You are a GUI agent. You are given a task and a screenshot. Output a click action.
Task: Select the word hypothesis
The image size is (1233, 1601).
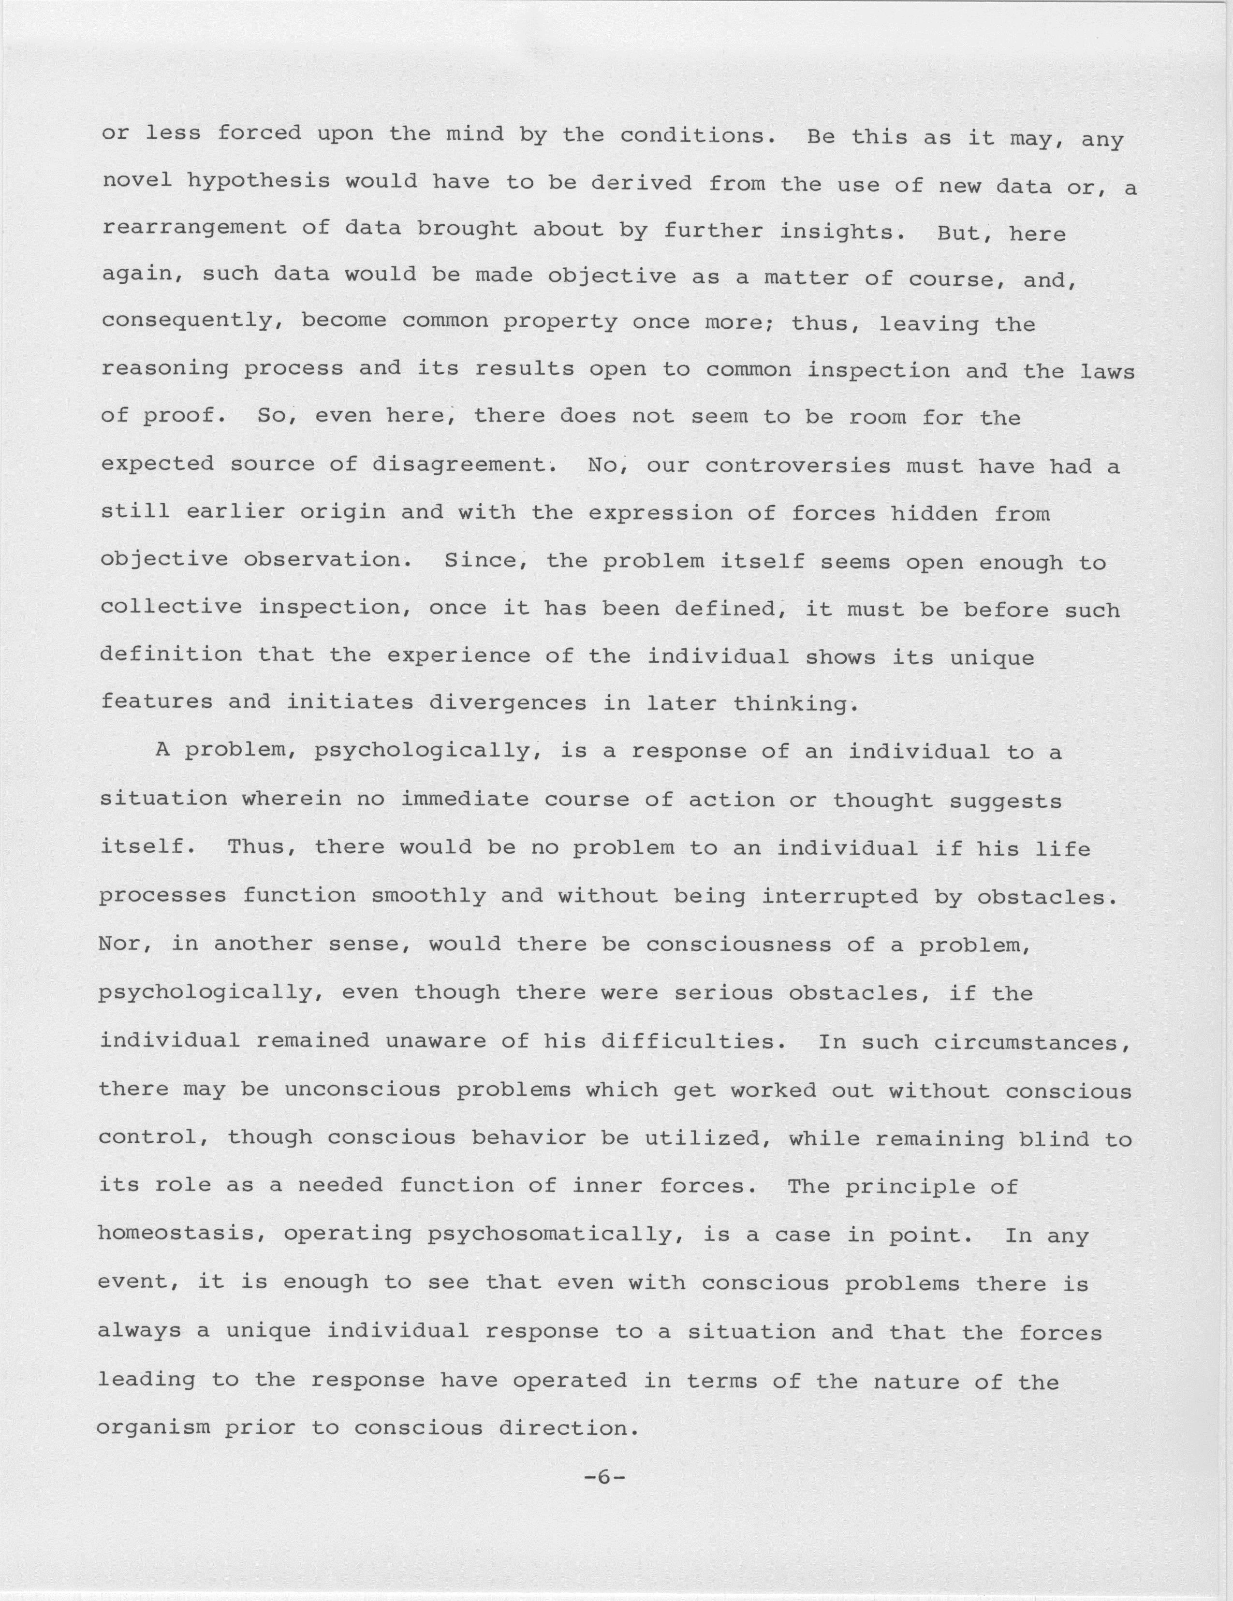[258, 182]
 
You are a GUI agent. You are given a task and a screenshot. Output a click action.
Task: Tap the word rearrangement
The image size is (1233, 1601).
[194, 229]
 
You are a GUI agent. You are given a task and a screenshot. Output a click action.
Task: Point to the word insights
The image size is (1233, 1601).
[838, 232]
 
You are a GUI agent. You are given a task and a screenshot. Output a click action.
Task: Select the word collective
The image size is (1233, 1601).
[171, 607]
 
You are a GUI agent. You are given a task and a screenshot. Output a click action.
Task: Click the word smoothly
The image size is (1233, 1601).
[429, 895]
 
